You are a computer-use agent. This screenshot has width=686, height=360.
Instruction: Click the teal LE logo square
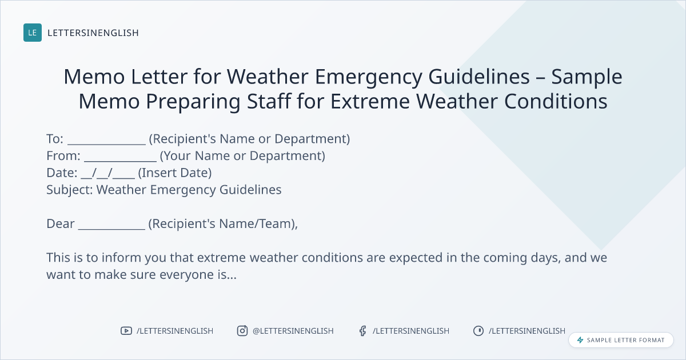pyautogui.click(x=33, y=33)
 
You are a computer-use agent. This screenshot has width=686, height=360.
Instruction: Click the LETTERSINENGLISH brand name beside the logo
pyautogui.click(x=93, y=33)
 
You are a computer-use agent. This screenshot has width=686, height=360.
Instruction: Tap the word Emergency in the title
pyautogui.click(x=368, y=77)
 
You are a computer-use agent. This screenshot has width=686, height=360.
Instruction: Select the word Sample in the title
pyautogui.click(x=587, y=77)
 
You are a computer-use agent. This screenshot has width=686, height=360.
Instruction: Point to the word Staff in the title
pyautogui.click(x=269, y=101)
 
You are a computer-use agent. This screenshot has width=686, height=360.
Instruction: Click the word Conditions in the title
pyautogui.click(x=556, y=101)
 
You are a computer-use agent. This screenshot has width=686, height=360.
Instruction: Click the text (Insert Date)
pyautogui.click(x=175, y=173)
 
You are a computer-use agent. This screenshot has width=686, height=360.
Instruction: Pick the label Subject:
pyautogui.click(x=70, y=190)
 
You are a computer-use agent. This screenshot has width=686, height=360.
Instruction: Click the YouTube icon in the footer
pyautogui.click(x=126, y=331)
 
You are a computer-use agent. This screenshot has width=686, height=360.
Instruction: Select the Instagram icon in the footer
pyautogui.click(x=242, y=331)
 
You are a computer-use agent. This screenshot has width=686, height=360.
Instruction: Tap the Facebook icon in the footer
pyautogui.click(x=363, y=331)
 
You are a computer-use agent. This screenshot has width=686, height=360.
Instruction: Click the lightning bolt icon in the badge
pyautogui.click(x=580, y=340)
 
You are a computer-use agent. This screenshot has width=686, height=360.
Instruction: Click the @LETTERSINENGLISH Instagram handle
pyautogui.click(x=293, y=331)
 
